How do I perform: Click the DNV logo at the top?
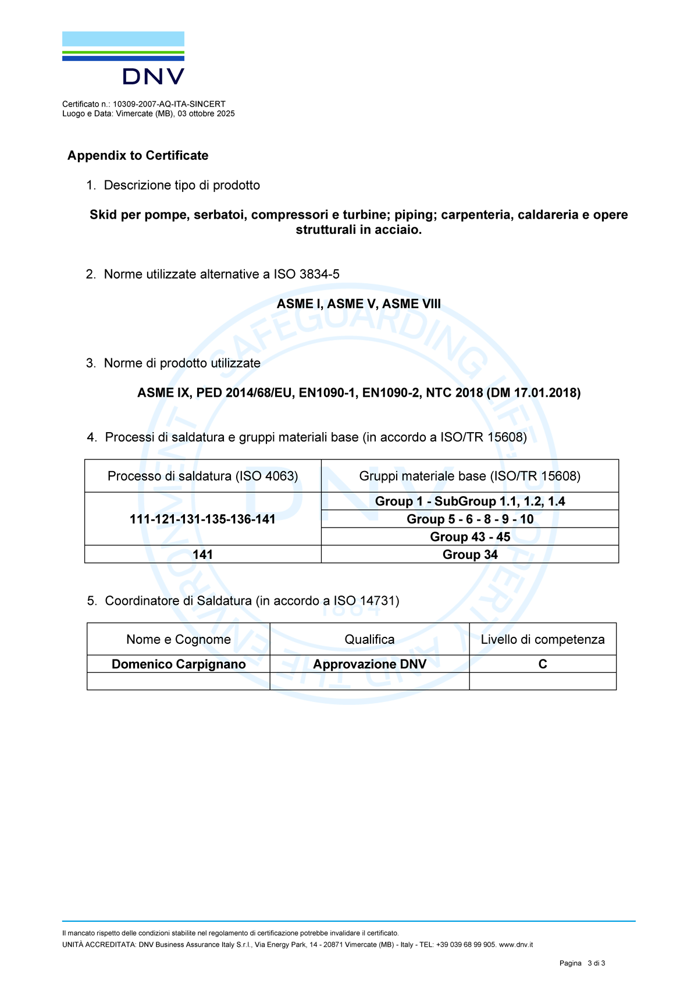click(123, 58)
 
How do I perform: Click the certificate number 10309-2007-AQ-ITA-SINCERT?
click(169, 104)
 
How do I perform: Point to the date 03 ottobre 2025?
click(206, 114)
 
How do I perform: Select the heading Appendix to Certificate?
click(138, 155)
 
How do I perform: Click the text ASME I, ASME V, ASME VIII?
click(358, 304)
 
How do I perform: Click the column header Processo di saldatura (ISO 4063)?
click(202, 476)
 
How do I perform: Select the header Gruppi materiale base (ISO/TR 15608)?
click(469, 476)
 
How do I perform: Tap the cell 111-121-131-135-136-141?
click(202, 519)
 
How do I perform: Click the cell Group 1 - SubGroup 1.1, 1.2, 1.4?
click(469, 501)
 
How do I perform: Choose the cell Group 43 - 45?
click(469, 537)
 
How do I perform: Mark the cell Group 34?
click(469, 554)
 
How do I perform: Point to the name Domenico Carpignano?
click(179, 664)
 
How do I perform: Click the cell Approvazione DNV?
click(369, 664)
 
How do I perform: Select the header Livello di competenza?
click(542, 639)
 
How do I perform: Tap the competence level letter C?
click(542, 664)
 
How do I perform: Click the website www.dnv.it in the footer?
click(516, 945)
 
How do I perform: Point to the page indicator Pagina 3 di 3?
click(582, 963)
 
